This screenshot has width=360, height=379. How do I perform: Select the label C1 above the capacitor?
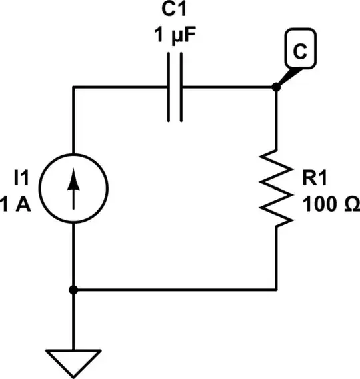click(x=174, y=12)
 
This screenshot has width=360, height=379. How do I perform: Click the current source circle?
click(x=73, y=188)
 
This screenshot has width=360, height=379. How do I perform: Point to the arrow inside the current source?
click(x=73, y=188)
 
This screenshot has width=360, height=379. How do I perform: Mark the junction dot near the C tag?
click(x=276, y=87)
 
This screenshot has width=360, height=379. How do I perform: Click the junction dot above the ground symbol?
click(x=73, y=289)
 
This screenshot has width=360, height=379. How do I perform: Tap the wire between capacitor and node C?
click(x=227, y=87)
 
